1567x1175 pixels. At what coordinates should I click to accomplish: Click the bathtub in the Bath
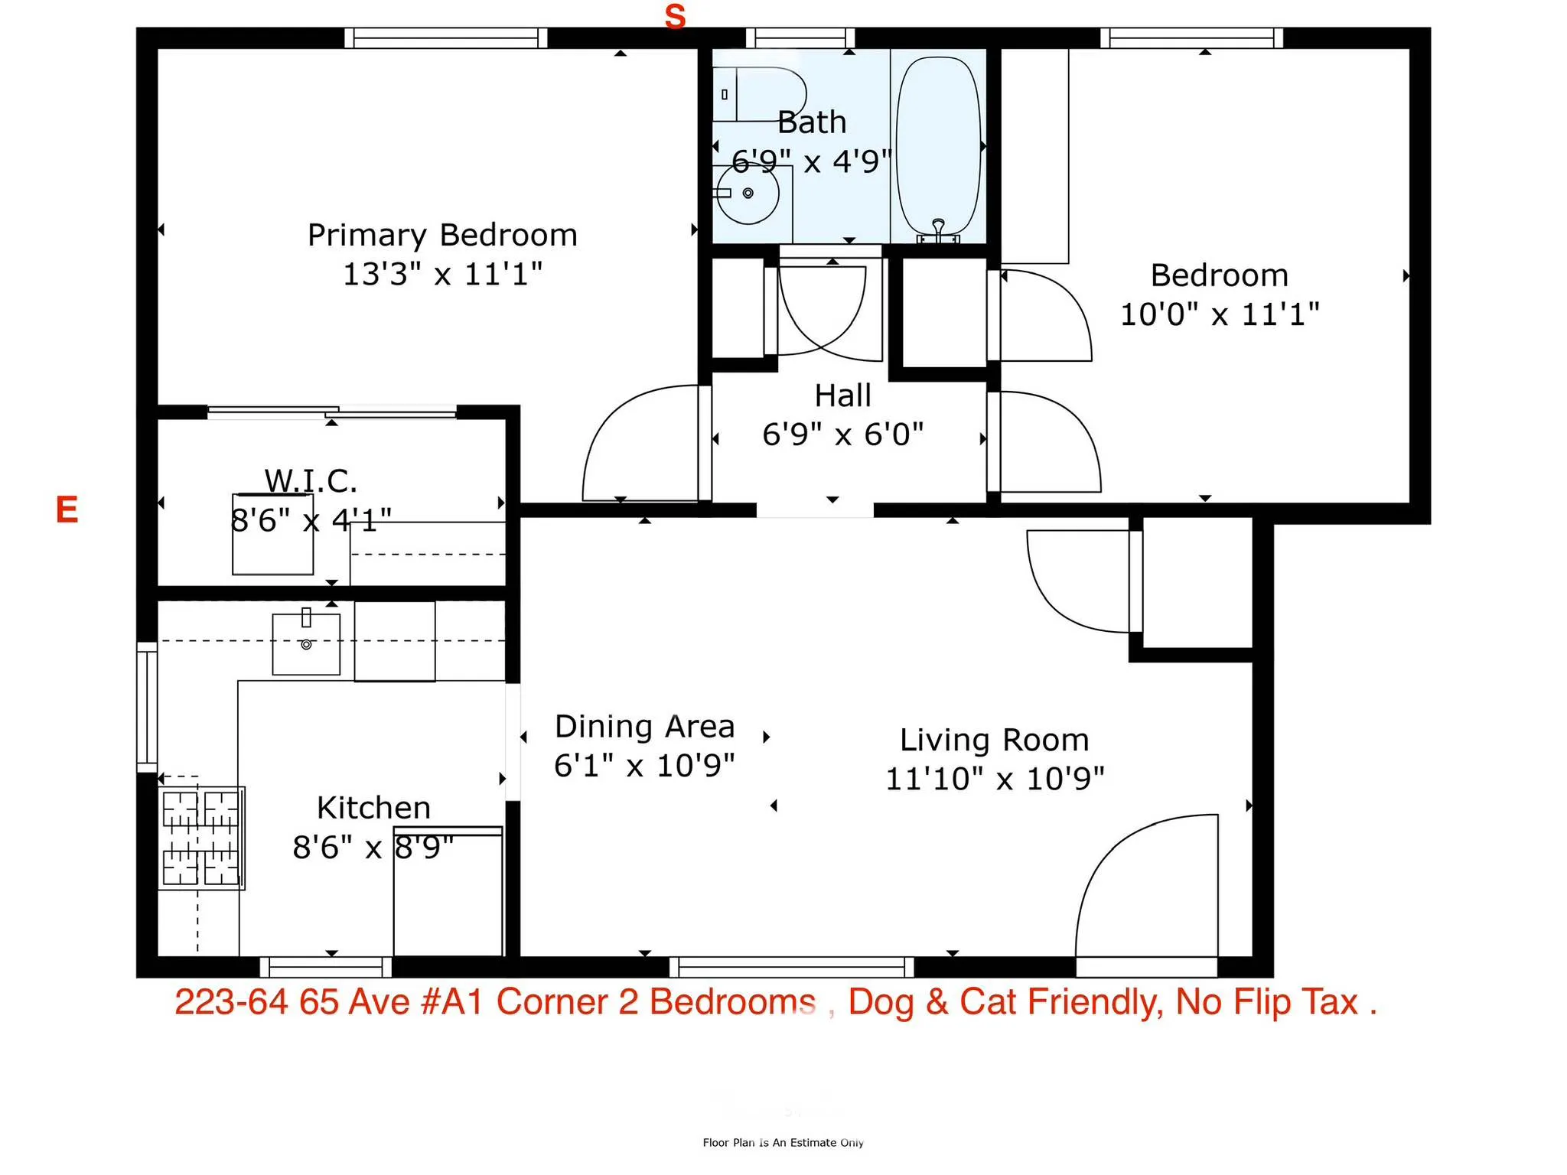click(938, 145)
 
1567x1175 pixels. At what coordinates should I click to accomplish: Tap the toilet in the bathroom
click(759, 94)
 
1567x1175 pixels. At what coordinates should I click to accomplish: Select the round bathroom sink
click(748, 194)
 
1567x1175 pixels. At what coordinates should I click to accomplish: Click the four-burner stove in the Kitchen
click(201, 838)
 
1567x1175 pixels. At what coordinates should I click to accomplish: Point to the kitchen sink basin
click(306, 644)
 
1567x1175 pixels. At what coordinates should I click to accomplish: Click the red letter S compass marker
click(675, 17)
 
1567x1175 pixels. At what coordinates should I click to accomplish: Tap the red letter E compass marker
click(67, 509)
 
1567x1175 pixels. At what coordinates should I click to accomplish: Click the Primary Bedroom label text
click(442, 235)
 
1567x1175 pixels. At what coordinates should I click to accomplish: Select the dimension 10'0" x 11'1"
click(1220, 314)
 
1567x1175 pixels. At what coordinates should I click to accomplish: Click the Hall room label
click(842, 395)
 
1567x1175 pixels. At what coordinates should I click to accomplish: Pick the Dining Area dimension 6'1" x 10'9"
click(644, 765)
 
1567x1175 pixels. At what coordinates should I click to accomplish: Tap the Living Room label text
click(994, 740)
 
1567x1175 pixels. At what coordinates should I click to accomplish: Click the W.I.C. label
click(311, 481)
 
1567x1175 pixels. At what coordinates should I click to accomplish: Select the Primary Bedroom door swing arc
click(635, 444)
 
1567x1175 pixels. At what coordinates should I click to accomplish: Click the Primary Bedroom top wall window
click(446, 37)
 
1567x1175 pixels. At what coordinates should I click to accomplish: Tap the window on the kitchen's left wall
click(147, 707)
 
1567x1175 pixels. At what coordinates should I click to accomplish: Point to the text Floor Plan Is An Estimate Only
click(783, 1142)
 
